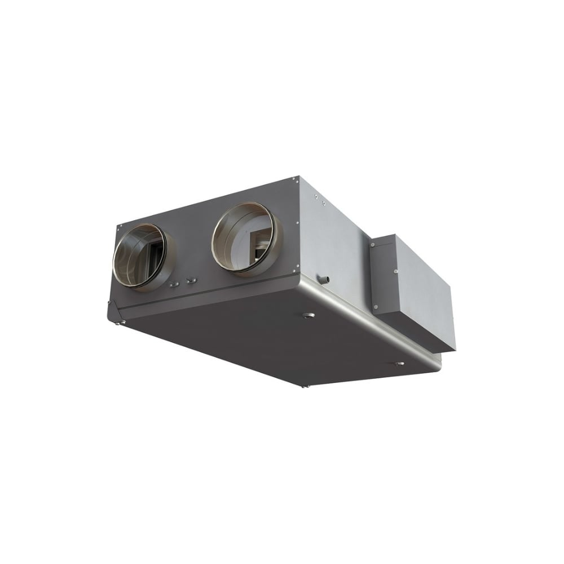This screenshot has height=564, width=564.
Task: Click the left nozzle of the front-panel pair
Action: (175, 283)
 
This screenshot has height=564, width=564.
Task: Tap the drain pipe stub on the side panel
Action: (324, 279)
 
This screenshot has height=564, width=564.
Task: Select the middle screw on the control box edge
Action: (394, 271)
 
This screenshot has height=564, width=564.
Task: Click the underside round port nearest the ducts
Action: (308, 315)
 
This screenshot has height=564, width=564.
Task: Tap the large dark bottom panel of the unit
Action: (254, 338)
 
